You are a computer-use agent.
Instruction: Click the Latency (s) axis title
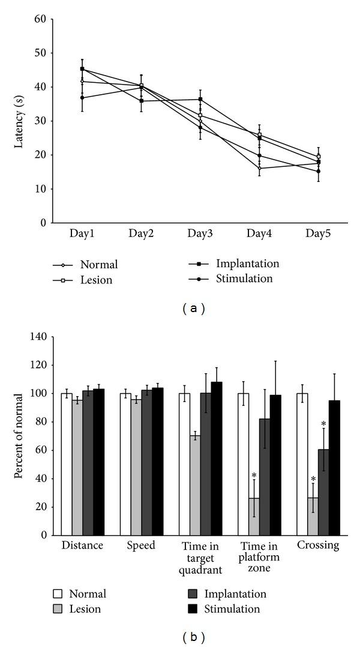click(x=19, y=121)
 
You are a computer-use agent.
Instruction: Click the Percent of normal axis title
click(x=19, y=436)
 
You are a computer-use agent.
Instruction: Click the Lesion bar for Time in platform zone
click(x=254, y=516)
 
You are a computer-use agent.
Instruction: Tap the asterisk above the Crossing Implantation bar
click(x=324, y=424)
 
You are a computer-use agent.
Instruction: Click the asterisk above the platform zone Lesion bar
click(x=254, y=467)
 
